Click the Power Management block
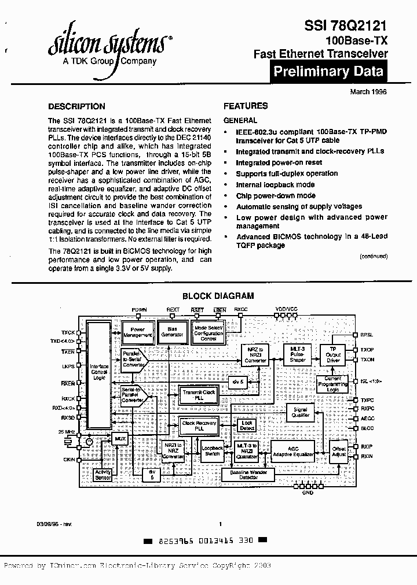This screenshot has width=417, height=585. (137, 332)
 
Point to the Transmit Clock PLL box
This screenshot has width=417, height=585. (199, 395)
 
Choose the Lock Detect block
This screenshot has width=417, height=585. (247, 425)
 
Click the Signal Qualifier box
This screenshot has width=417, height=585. (300, 412)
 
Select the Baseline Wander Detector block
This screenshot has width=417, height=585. (255, 474)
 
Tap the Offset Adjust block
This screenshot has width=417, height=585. (339, 451)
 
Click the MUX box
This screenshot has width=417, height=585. (120, 439)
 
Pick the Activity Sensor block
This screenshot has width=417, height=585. (103, 475)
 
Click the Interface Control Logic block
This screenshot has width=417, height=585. (98, 372)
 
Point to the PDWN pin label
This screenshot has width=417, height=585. (140, 310)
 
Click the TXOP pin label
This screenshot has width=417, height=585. (367, 350)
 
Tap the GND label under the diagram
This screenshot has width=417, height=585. (308, 493)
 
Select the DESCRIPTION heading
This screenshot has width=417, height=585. (76, 106)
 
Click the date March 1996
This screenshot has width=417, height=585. (368, 91)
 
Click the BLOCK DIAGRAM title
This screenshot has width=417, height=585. (218, 296)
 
